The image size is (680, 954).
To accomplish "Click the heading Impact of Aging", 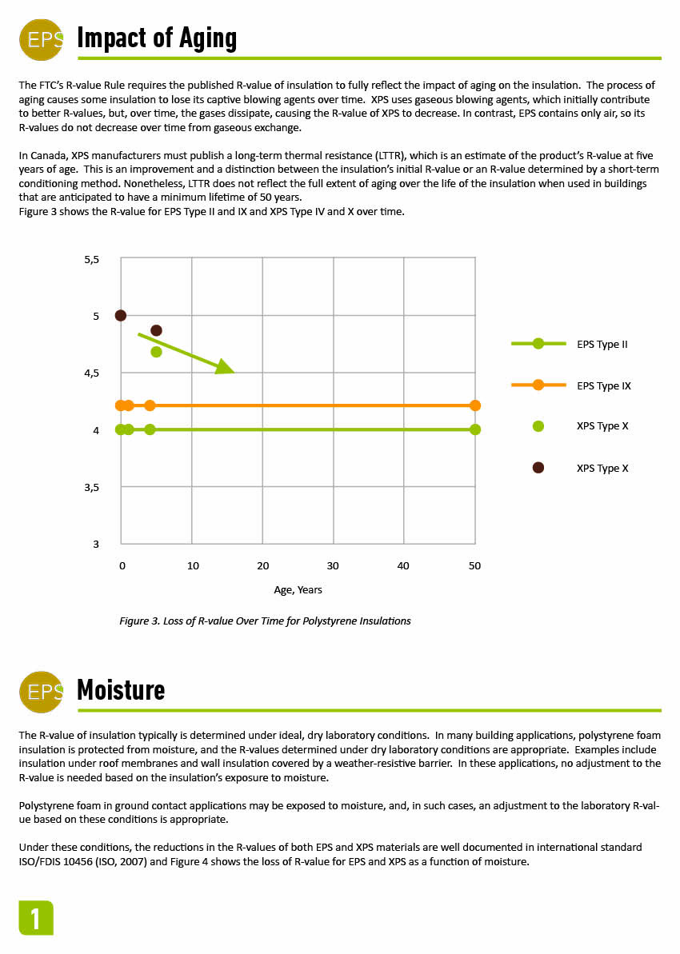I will pos(157,38).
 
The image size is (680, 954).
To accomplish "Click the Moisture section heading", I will pos(121,690).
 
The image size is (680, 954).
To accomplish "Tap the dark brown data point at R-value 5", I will pos(121,315).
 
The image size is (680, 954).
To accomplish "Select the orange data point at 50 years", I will pos(475,405).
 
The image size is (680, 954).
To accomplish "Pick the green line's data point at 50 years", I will pos(475,429).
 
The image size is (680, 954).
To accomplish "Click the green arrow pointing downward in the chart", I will pos(186,353).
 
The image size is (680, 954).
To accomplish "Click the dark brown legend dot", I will pos(538,468).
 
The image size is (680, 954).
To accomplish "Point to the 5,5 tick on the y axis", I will pos(91,259).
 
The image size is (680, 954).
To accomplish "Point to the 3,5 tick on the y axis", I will pos(91,487).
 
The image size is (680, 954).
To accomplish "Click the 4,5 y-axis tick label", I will pos(91,373).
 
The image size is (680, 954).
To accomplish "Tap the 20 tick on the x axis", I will pos(262,566).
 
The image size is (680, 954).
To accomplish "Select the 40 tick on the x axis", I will pos(403,566).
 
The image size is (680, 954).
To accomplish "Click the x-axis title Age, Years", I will pos(298,590).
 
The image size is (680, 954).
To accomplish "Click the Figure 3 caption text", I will pos(265,621).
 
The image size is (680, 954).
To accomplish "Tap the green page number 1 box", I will pos(36,918).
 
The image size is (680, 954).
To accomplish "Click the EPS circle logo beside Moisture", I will pos(41,691).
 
